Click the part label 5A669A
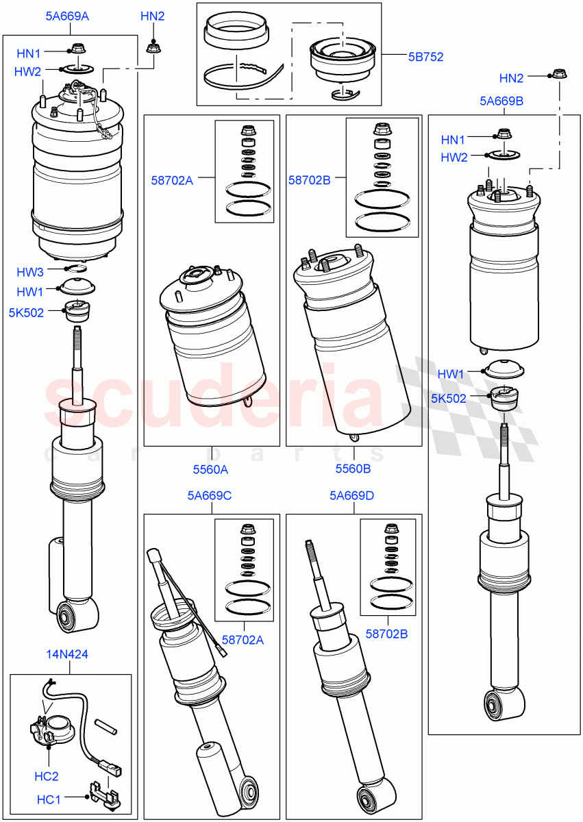pos(67,16)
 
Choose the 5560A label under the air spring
pos(210,469)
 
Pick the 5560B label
pos(353,469)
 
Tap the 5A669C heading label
pos(210,495)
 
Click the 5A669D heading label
pos(351,495)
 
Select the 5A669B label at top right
pos(501,101)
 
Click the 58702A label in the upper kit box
pos(172,181)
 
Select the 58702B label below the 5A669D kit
pos(386,634)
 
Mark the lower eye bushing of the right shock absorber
pos(494,705)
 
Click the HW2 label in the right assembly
pos(454,158)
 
